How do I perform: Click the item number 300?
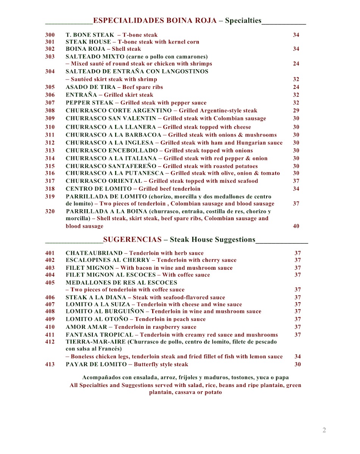pyautogui.click(x=50, y=35)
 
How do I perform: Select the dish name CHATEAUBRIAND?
pyautogui.click(x=94, y=253)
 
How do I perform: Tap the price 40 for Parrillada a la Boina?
pyautogui.click(x=296, y=226)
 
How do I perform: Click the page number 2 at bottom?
pyautogui.click(x=324, y=430)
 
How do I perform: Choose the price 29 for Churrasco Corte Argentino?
pyautogui.click(x=296, y=110)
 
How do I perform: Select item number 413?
pyautogui.click(x=50, y=364)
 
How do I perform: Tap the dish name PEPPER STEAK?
pyautogui.click(x=89, y=103)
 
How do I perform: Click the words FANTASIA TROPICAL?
pyautogui.click(x=99, y=335)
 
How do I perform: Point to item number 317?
pyautogui.click(x=50, y=181)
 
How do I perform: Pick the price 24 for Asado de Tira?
pyautogui.click(x=296, y=87)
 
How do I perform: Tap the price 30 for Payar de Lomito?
pyautogui.click(x=298, y=364)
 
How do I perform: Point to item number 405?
pyautogui.click(x=50, y=283)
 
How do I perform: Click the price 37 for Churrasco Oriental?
pyautogui.click(x=296, y=181)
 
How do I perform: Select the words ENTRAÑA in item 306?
pyautogui.click(x=79, y=95)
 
